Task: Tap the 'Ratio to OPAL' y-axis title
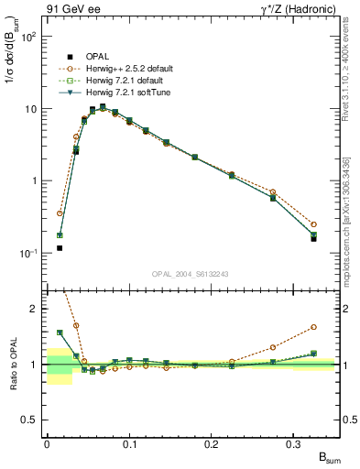[14, 365]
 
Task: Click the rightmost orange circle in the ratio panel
[313, 326]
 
